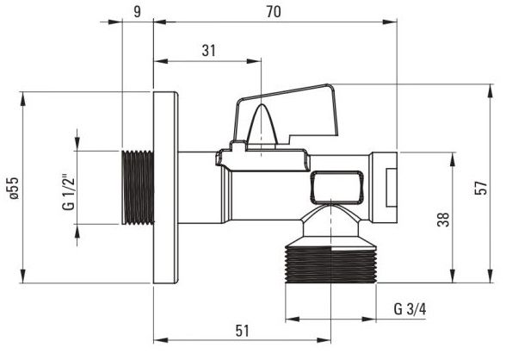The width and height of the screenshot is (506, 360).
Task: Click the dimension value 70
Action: pyautogui.click(x=274, y=12)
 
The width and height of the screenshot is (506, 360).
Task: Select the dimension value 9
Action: pyautogui.click(x=138, y=12)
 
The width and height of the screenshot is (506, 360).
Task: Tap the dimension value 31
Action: pyautogui.click(x=208, y=51)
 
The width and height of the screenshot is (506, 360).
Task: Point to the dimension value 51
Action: pyautogui.click(x=243, y=331)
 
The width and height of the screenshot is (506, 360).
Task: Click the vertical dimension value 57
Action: pyautogui.click(x=481, y=188)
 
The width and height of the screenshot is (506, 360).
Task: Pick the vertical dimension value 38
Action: pyautogui.click(x=444, y=220)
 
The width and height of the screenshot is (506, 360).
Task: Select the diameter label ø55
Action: pyautogui.click(x=14, y=188)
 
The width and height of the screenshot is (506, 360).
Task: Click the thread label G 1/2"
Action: pyautogui.click(x=69, y=193)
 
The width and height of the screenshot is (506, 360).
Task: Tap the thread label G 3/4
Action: pyautogui.click(x=410, y=309)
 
